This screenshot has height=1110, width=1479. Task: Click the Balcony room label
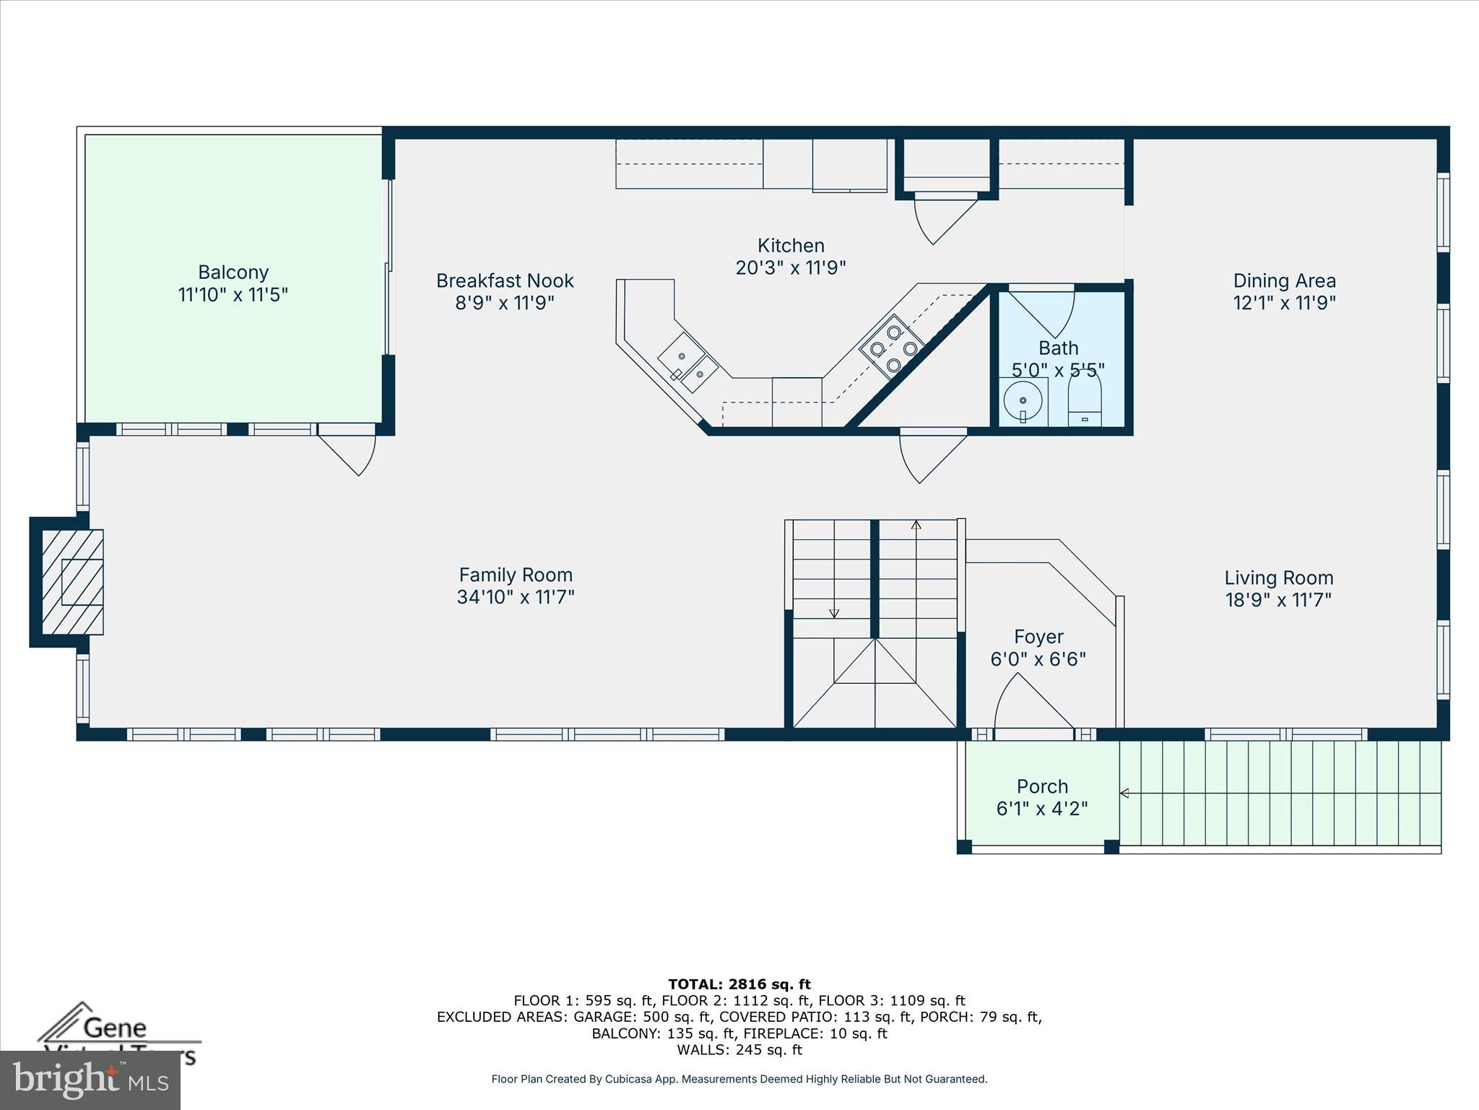233,272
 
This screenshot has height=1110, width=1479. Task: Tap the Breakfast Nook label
505,280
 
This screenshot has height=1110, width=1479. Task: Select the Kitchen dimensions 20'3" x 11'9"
790,268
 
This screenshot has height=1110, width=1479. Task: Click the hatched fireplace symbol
72,582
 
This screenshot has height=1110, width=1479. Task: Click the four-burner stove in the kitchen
893,348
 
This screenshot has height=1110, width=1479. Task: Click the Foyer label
1038,637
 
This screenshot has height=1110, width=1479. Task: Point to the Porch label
1041,786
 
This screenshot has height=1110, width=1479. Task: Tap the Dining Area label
1284,280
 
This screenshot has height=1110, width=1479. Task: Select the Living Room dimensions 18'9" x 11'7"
1278,600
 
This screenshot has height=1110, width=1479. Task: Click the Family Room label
516,575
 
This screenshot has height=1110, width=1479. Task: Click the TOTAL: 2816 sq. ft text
739,984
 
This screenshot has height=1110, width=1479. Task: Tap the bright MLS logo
90,1080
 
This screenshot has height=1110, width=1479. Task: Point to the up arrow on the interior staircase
916,526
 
